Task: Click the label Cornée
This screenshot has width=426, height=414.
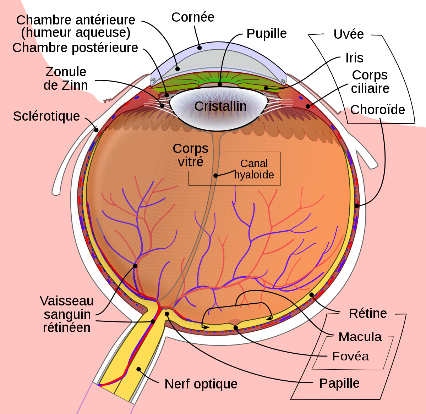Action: (193, 17)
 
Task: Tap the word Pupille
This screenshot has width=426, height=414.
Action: (267, 34)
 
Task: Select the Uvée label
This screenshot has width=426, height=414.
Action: (349, 34)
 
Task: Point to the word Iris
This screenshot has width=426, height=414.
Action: (354, 58)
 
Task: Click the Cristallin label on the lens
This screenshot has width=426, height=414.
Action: (220, 106)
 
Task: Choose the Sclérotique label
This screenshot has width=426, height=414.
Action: (47, 116)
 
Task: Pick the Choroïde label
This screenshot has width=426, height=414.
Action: (377, 110)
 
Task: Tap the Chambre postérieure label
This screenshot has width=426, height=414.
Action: (75, 48)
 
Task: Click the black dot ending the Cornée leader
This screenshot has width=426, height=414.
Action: (199, 48)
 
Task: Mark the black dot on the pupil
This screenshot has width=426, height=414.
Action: (220, 84)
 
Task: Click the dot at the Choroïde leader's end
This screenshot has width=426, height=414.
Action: (357, 206)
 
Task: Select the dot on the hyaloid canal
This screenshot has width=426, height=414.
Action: (215, 176)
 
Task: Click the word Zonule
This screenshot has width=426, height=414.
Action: (66, 72)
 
